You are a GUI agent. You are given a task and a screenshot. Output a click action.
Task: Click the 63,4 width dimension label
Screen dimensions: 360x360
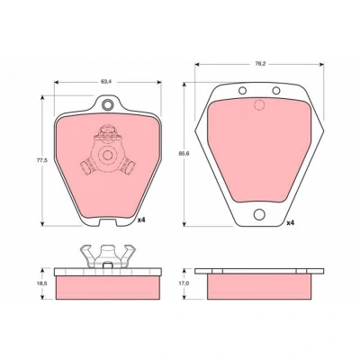[x=104, y=82]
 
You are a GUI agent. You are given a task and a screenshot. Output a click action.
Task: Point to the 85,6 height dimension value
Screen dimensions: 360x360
[x=184, y=153]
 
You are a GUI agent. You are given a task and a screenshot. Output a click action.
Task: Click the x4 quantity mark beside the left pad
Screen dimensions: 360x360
[x=141, y=220]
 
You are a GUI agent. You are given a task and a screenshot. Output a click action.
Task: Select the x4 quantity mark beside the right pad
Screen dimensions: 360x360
[x=290, y=223]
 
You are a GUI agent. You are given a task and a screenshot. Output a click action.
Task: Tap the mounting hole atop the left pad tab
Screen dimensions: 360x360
[x=107, y=104]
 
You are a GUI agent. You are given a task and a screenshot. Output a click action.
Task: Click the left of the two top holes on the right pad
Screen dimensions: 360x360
[x=242, y=90]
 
